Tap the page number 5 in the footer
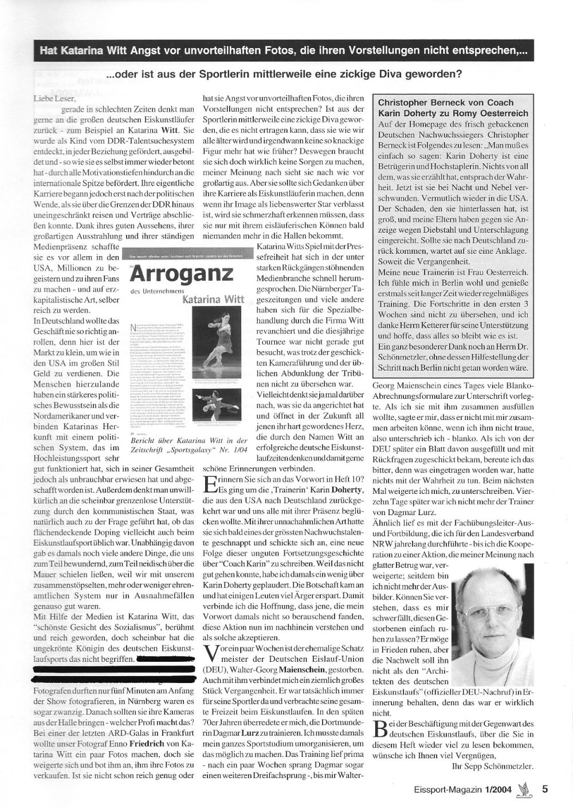545,788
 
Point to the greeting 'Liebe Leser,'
54,99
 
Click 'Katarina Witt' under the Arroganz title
207,299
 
